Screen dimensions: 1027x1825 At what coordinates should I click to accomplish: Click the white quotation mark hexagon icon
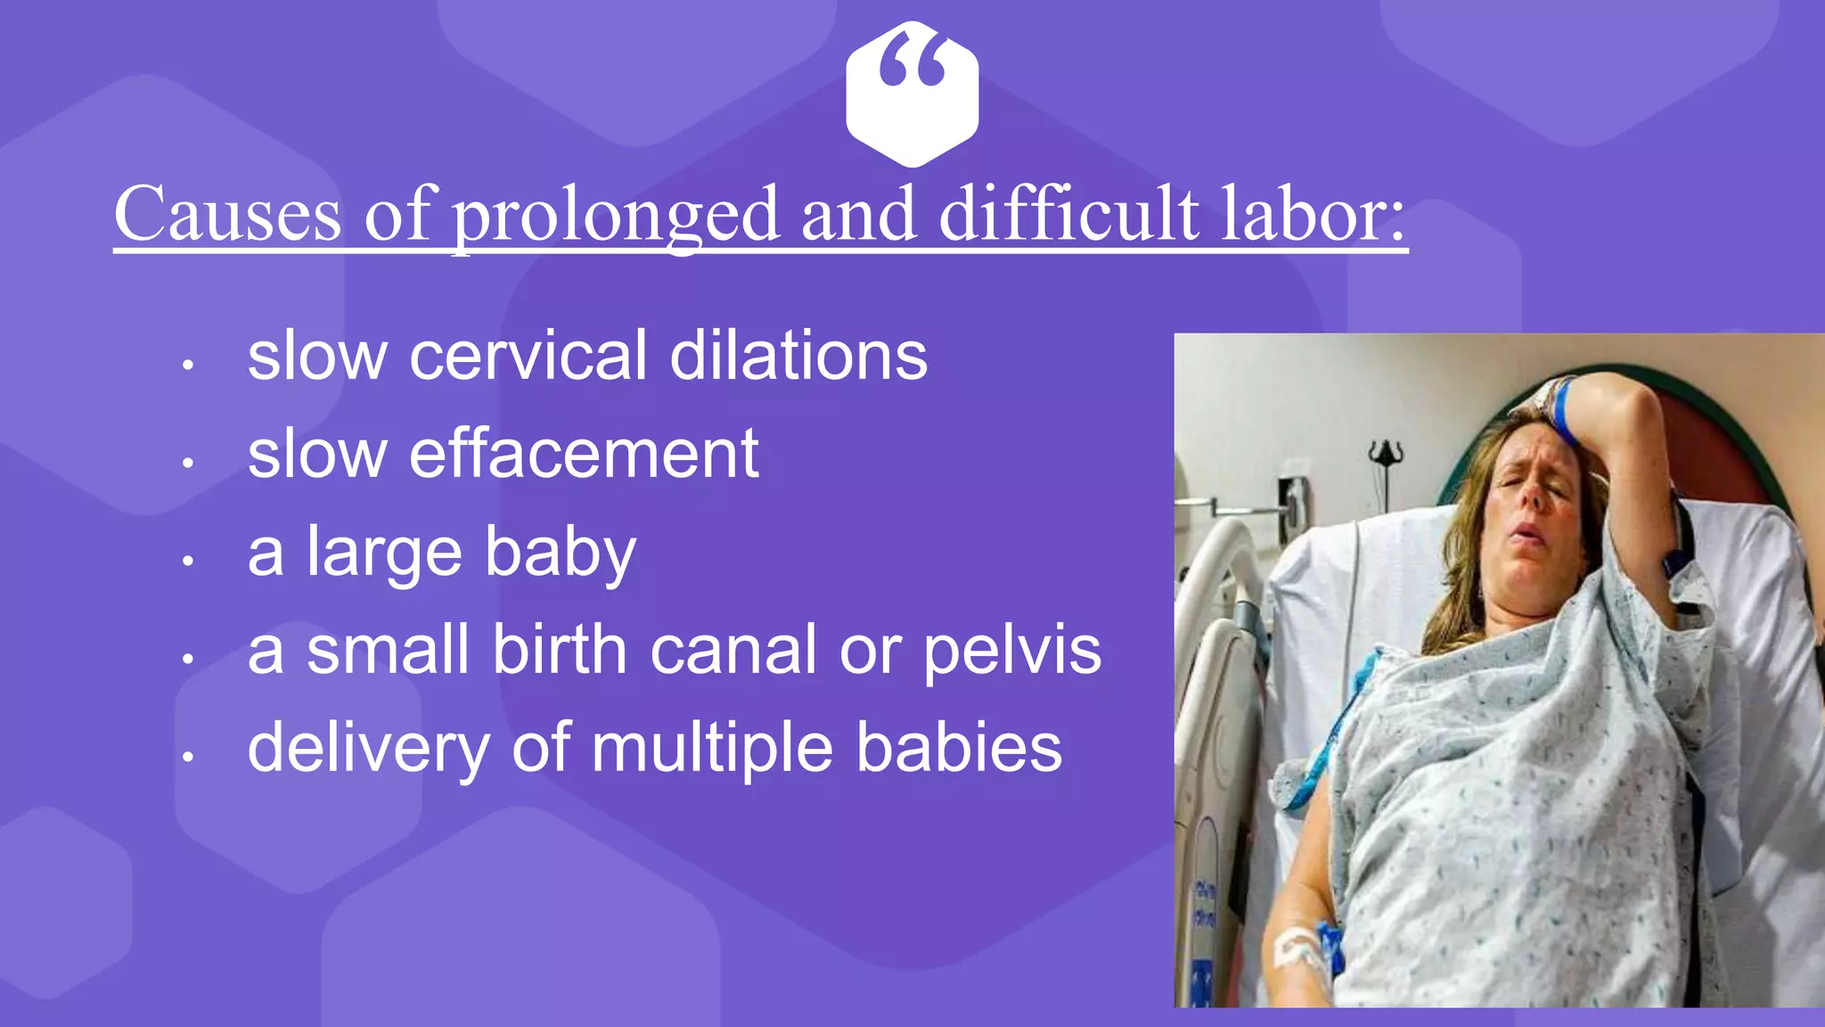[912, 94]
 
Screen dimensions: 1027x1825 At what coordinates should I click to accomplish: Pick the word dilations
[798, 356]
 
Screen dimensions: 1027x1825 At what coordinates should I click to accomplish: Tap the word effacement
[584, 454]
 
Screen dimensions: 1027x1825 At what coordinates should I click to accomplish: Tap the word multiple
[712, 749]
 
